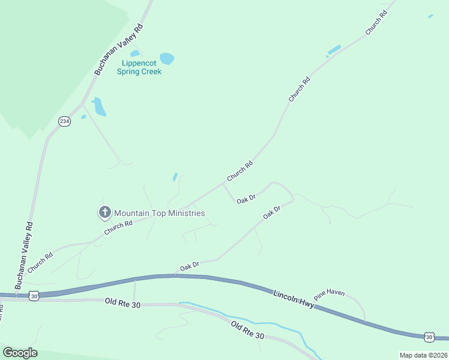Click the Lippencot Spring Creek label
click(142, 67)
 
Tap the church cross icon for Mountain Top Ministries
click(104, 212)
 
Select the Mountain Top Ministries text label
click(160, 213)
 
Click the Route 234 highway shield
click(64, 121)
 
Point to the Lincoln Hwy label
click(294, 299)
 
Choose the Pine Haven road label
click(329, 293)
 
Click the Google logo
click(20, 353)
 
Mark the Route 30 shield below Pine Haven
click(429, 338)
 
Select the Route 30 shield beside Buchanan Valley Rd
click(34, 296)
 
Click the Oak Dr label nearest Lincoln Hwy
click(190, 265)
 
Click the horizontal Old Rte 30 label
click(122, 305)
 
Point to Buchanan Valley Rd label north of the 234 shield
click(119, 49)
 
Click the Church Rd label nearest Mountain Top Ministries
click(118, 228)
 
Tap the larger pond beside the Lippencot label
click(167, 59)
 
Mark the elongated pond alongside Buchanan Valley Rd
click(99, 107)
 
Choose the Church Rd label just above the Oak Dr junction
click(240, 171)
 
